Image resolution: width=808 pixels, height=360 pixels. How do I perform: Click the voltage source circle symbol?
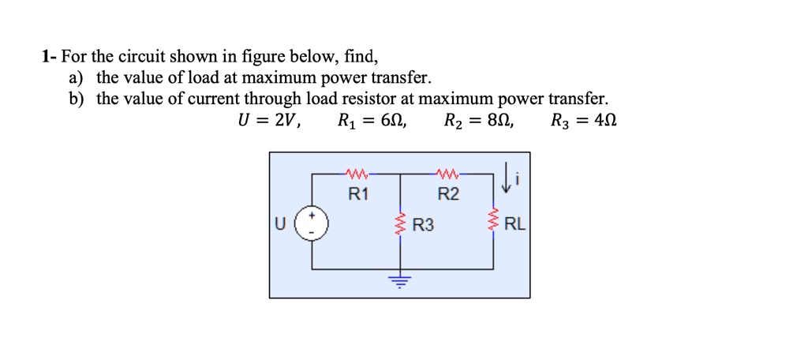pyautogui.click(x=312, y=223)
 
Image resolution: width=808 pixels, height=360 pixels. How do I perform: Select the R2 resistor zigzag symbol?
pyautogui.click(x=448, y=171)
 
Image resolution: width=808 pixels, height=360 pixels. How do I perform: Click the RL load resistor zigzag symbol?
pyautogui.click(x=495, y=223)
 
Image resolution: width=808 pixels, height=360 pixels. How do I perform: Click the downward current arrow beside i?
pyautogui.click(x=505, y=181)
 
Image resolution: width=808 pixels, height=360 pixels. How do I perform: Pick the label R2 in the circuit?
pyautogui.click(x=448, y=194)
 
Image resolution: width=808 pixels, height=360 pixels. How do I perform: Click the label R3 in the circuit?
pyautogui.click(x=424, y=226)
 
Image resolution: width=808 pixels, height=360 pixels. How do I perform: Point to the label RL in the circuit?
pyautogui.click(x=514, y=224)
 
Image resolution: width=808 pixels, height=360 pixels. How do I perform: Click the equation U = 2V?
pyautogui.click(x=269, y=122)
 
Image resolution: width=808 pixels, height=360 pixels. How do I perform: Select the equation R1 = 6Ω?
pyautogui.click(x=372, y=122)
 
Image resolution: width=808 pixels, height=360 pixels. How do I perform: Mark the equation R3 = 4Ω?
pyautogui.click(x=584, y=122)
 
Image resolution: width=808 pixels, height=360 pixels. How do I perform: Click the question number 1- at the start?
pyautogui.click(x=50, y=58)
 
